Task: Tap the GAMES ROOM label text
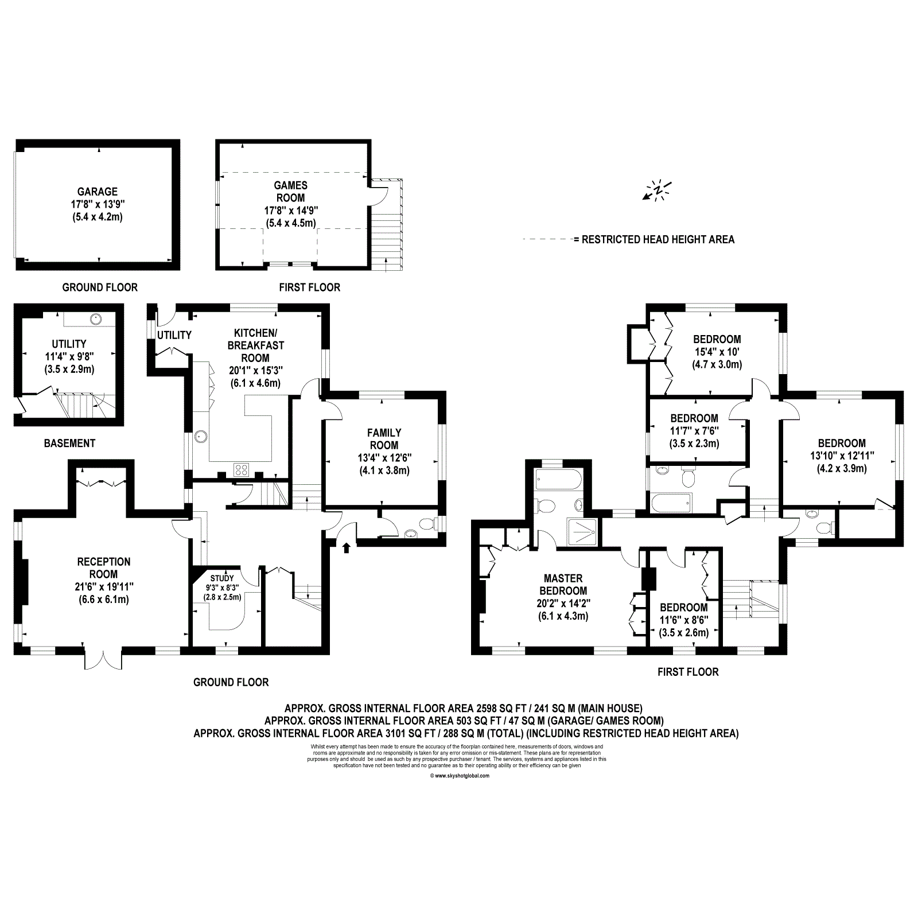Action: (290, 192)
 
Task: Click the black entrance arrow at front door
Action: (346, 548)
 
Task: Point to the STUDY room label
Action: (222, 578)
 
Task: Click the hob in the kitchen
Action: (242, 469)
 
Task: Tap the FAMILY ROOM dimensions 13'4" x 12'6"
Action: (384, 457)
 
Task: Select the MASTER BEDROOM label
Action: (563, 585)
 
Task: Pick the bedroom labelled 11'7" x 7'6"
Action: (694, 430)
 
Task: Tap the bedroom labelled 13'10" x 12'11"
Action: (842, 455)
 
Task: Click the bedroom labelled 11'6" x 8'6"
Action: (683, 620)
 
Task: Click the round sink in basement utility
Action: (95, 317)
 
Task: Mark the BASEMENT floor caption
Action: (69, 443)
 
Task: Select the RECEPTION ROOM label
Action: (104, 568)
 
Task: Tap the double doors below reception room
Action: (104, 660)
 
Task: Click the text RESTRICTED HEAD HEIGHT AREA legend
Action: (658, 240)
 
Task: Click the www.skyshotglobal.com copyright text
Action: (459, 776)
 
